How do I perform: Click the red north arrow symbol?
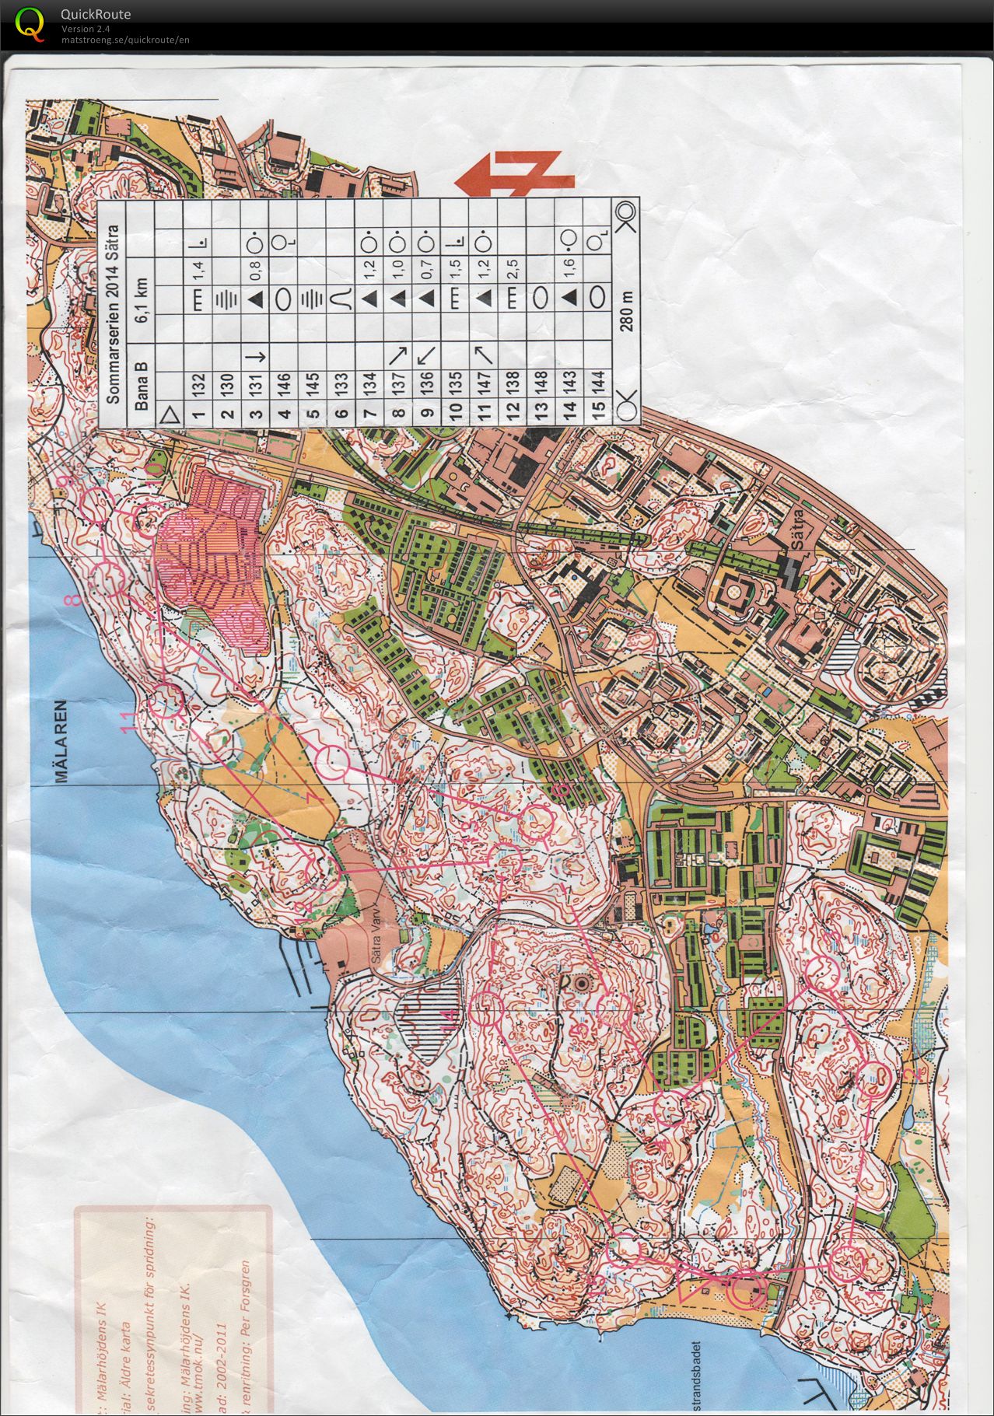point(514,173)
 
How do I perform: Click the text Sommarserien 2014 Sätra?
point(113,314)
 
